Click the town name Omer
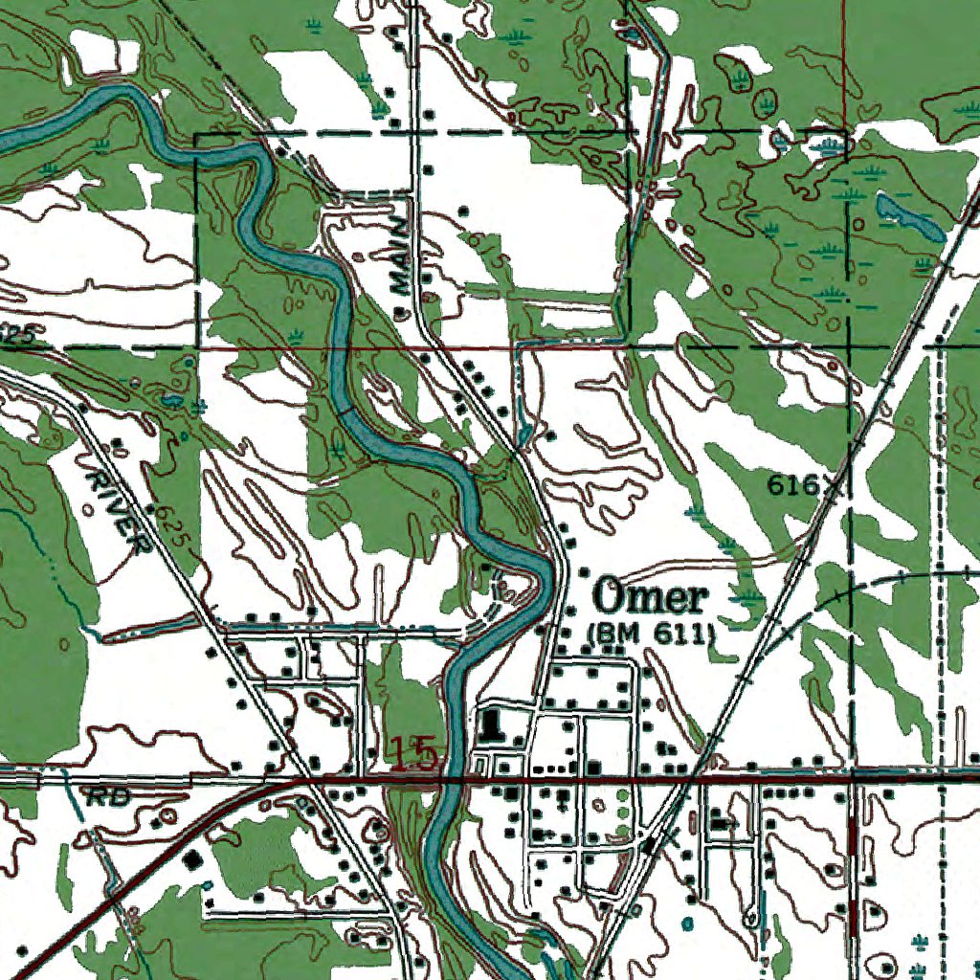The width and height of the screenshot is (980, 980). tap(651, 598)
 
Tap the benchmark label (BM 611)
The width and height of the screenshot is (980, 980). tap(651, 633)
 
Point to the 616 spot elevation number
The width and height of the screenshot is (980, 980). tap(792, 486)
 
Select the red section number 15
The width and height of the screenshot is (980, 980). tap(413, 755)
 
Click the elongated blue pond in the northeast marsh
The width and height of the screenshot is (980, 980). tap(909, 218)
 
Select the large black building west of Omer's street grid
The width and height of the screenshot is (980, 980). tap(493, 724)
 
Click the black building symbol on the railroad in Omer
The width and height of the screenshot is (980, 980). tap(652, 845)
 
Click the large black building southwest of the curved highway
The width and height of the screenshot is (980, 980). tap(195, 859)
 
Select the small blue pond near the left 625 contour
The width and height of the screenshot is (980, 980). tap(173, 399)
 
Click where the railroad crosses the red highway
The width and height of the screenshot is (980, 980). tap(688, 778)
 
